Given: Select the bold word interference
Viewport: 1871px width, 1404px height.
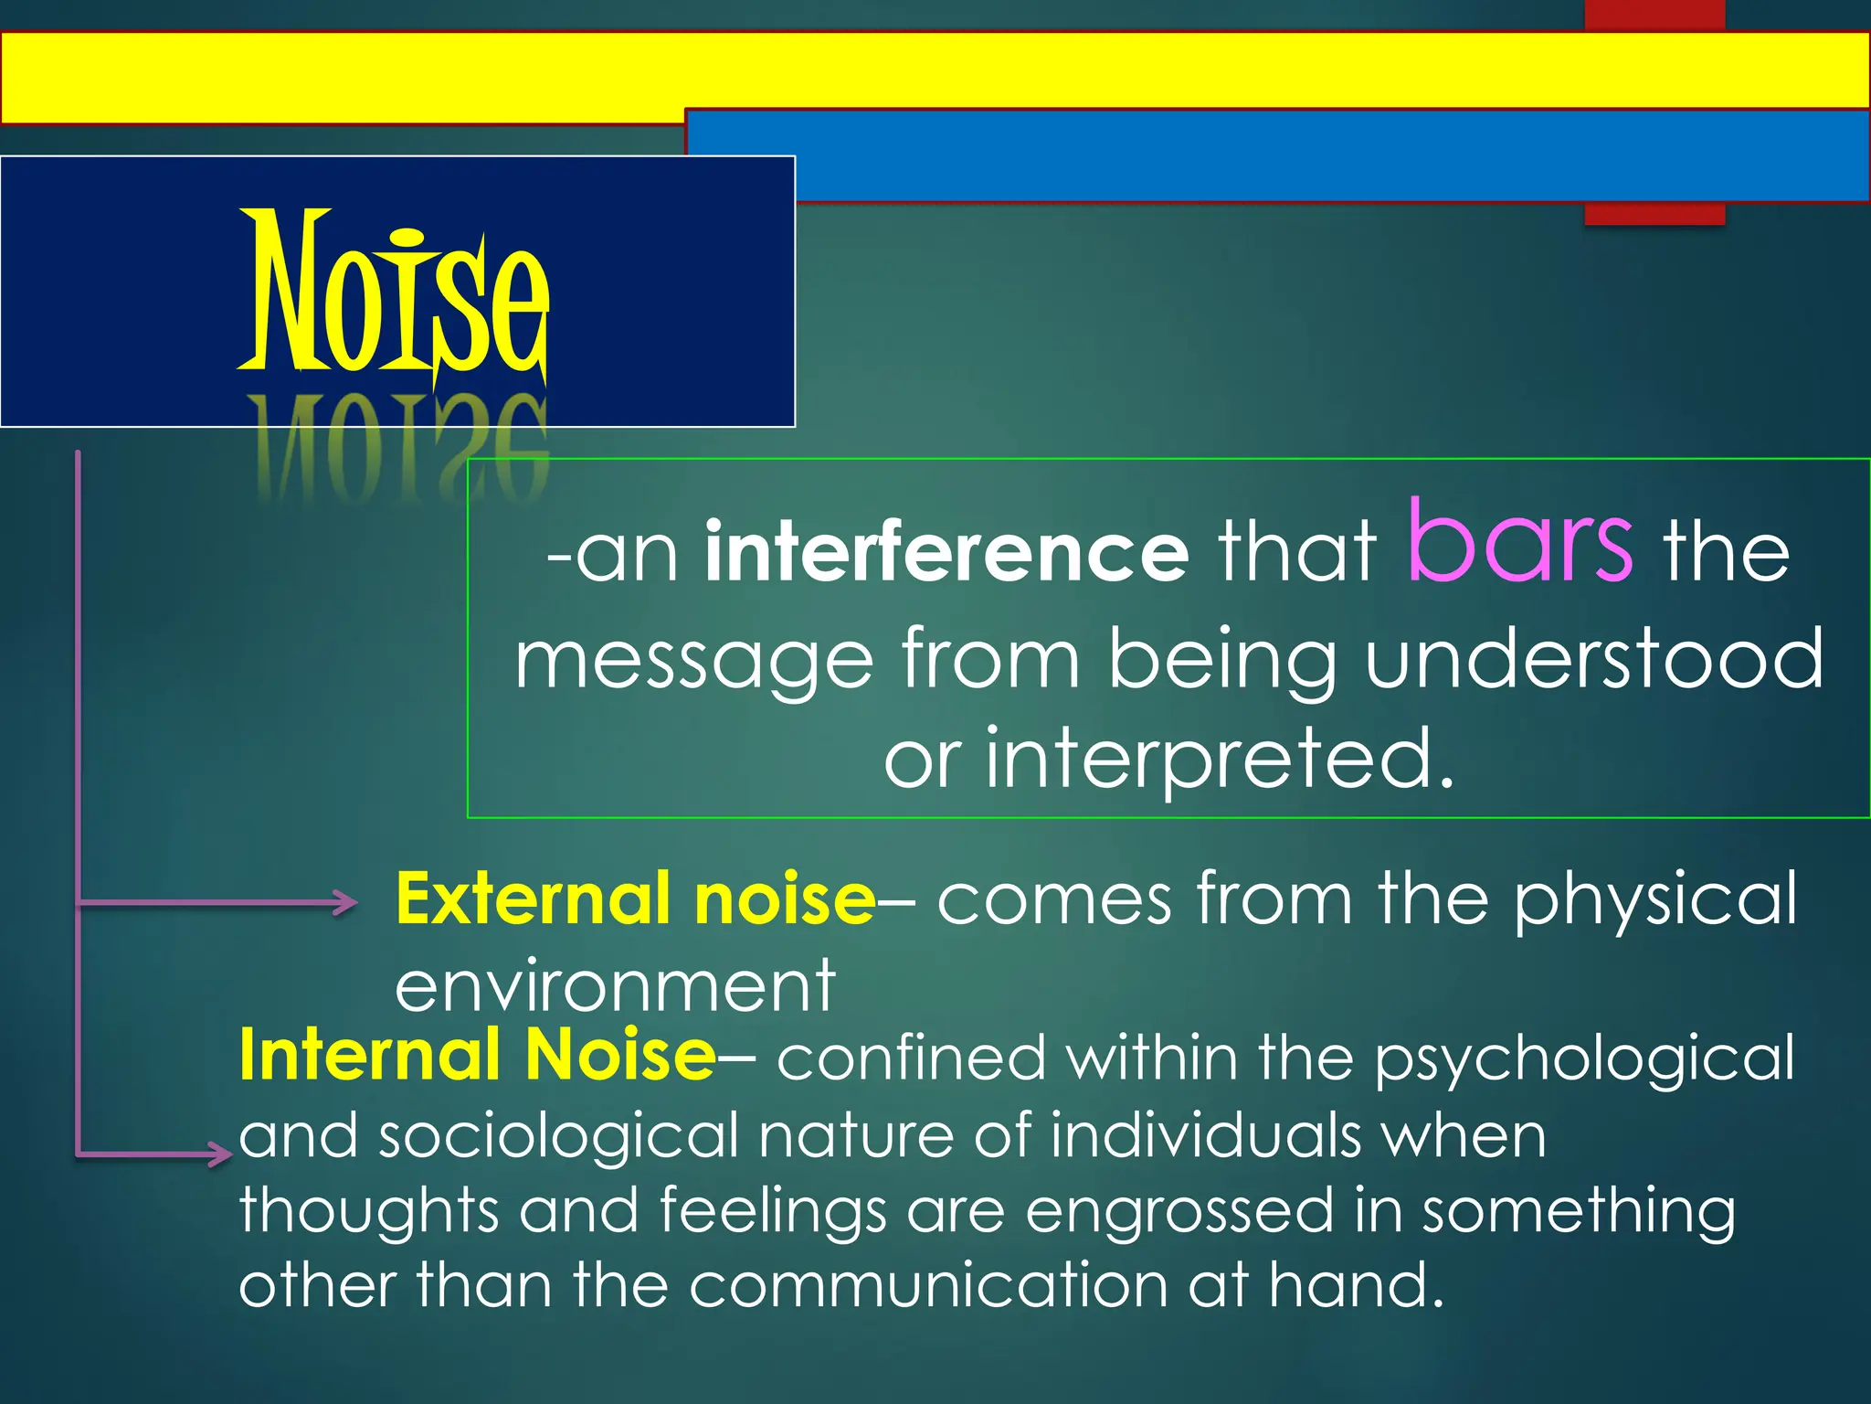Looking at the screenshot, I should [x=946, y=551].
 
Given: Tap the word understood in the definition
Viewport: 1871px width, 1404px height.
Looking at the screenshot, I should [x=1594, y=657].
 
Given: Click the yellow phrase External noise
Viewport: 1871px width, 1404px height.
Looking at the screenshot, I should [x=636, y=899].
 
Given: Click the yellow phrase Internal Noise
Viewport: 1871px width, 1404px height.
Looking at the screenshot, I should [x=477, y=1055].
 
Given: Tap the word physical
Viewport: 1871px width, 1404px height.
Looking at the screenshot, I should [x=1654, y=900].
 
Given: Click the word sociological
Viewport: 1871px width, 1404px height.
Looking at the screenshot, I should [x=558, y=1136].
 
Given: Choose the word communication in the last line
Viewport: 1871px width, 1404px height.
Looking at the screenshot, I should [x=927, y=1284].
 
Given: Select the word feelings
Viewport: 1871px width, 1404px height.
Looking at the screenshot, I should [x=772, y=1211].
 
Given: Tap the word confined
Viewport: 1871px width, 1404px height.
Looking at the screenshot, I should [x=911, y=1058].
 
